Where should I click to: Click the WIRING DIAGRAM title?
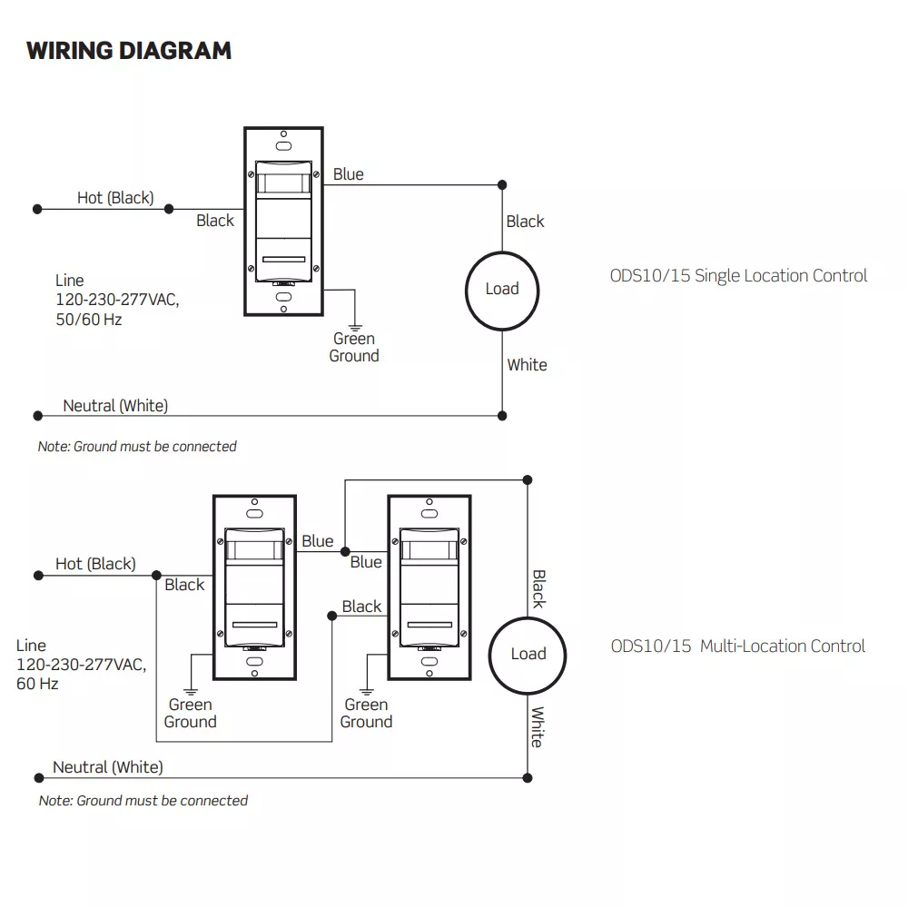tap(129, 50)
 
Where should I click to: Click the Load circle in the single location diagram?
tap(501, 289)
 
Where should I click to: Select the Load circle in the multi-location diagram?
tap(528, 654)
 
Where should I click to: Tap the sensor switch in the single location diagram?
tap(283, 221)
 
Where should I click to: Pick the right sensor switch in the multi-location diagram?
tap(428, 587)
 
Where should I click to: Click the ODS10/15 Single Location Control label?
tap(738, 276)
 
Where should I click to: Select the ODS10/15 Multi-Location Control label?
tap(737, 646)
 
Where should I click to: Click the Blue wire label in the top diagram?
tap(348, 174)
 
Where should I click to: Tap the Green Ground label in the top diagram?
tap(354, 348)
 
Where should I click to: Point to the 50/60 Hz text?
tap(88, 320)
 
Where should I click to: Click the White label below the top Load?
tap(527, 365)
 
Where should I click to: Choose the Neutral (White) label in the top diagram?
tap(115, 406)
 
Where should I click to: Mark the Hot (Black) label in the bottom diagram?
tap(95, 564)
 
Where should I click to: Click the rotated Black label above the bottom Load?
tap(538, 588)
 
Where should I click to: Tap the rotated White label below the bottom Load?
tap(538, 726)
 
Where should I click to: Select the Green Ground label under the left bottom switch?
tap(191, 714)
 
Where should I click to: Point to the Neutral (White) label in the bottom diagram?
tap(108, 767)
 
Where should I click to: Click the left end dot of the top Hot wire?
tap(37, 209)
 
